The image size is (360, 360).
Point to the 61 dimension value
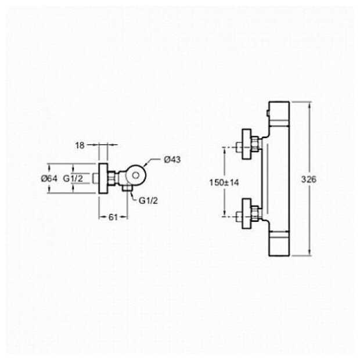pyautogui.click(x=114, y=217)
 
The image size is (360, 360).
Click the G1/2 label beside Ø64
pyautogui.click(x=73, y=179)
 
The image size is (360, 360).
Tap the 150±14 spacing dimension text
pyautogui.click(x=225, y=182)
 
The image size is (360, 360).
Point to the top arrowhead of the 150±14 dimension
pyautogui.click(x=225, y=149)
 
